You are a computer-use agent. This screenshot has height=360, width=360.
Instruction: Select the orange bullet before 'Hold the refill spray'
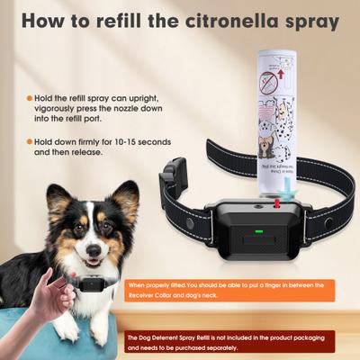(29, 97)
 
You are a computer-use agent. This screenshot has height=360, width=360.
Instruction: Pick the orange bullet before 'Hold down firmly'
(29, 140)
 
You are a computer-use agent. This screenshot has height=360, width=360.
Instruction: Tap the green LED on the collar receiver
(258, 232)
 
